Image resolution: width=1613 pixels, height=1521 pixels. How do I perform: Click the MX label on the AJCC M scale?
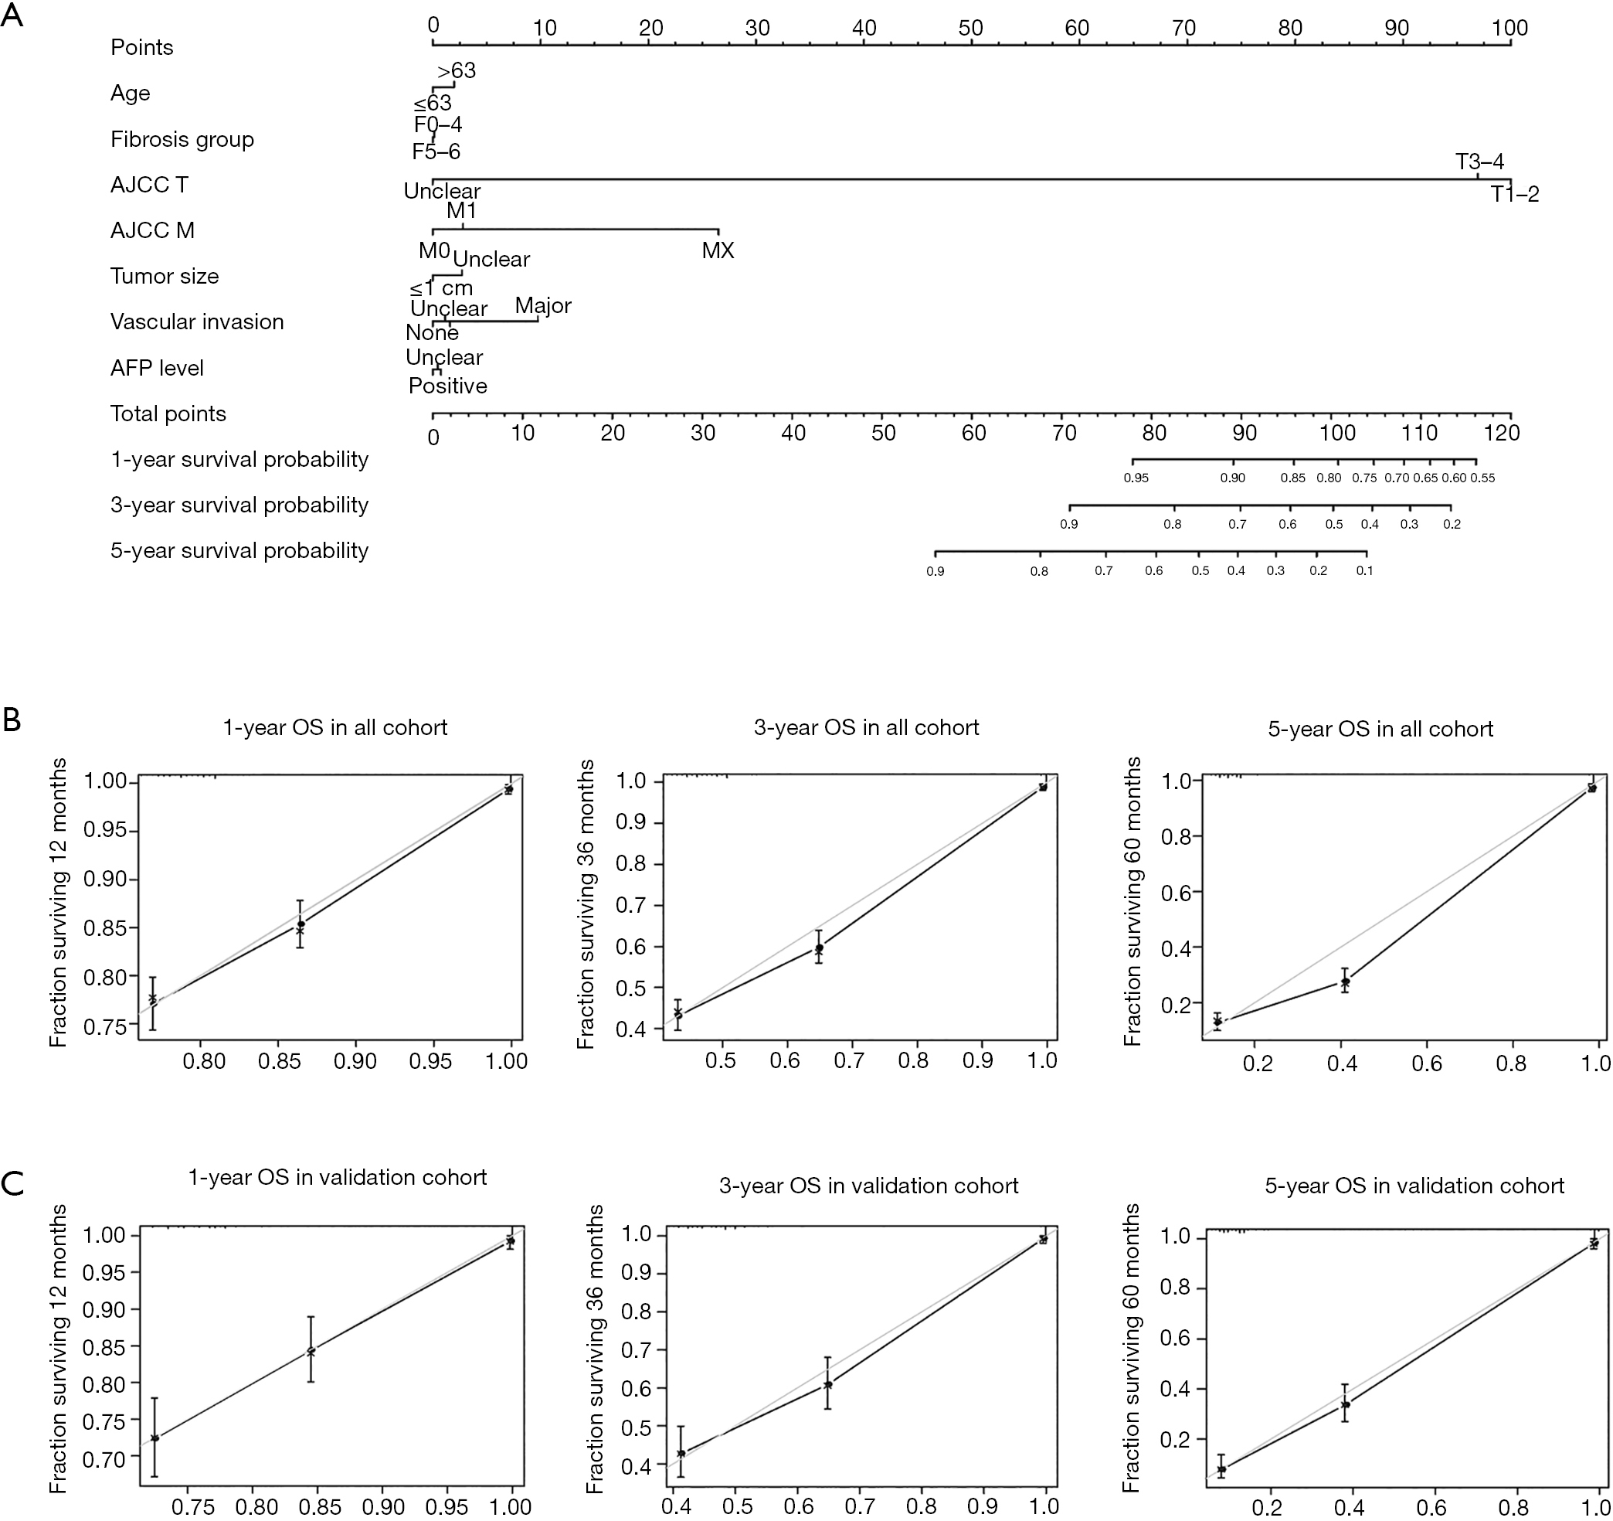[x=718, y=250]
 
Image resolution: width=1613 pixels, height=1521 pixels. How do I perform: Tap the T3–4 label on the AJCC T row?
[x=1480, y=162]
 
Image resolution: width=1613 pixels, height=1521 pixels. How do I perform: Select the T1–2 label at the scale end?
[x=1515, y=195]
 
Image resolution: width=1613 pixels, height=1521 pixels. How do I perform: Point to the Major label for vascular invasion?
[x=543, y=306]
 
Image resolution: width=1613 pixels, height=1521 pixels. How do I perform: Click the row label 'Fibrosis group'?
[x=182, y=140]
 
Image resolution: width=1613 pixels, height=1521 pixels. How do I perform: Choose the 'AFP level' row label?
[x=158, y=369]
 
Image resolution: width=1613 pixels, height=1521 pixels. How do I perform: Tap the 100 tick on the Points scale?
[x=1509, y=29]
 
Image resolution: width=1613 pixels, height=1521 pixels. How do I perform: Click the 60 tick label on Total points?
[x=973, y=434]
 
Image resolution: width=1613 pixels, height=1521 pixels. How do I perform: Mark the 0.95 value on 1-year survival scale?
[x=1136, y=478]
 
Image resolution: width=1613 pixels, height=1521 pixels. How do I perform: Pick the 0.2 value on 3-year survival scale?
[x=1452, y=524]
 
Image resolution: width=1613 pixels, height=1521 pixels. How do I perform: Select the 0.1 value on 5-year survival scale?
[x=1365, y=570]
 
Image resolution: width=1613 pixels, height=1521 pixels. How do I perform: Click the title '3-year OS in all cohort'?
[x=867, y=727]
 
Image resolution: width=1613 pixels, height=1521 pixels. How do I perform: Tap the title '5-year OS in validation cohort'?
[x=1414, y=1186]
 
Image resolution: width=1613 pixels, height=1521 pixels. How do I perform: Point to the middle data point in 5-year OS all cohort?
[x=1344, y=982]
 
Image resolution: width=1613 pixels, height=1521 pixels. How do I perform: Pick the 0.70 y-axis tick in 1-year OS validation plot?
[x=103, y=1458]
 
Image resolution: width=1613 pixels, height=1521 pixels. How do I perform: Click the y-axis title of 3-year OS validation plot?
[x=596, y=1349]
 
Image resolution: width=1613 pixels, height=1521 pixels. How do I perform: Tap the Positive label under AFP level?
[x=448, y=386]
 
